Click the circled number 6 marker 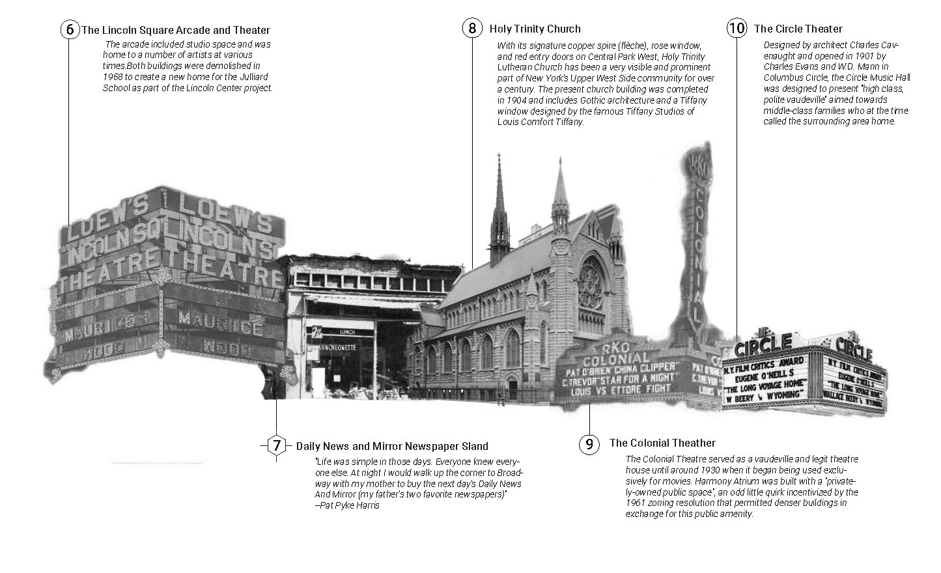pos(69,30)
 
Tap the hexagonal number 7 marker pos(277,446)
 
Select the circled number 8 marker pos(473,29)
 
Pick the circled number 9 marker pos(589,444)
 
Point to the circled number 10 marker pos(737,29)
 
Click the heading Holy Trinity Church pos(535,29)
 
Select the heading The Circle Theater pos(798,29)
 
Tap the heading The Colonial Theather pos(662,443)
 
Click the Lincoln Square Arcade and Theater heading pos(175,30)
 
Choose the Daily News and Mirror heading pos(391,446)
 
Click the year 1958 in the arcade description pos(113,76)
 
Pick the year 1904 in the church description pos(507,100)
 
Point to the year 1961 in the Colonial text pos(637,503)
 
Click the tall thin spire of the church pos(499,195)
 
